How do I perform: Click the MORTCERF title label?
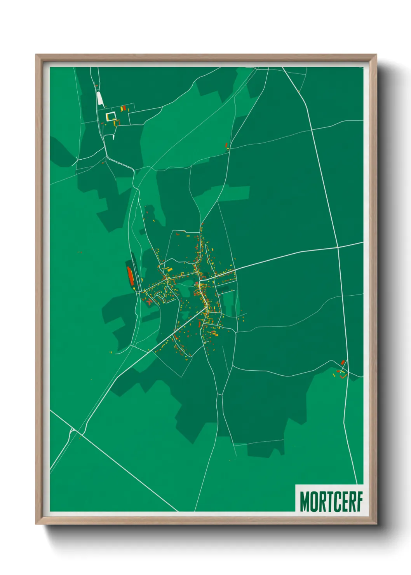(x=331, y=502)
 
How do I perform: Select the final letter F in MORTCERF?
(x=359, y=502)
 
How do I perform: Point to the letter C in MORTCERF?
(x=335, y=502)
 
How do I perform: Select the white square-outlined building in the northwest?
(x=111, y=116)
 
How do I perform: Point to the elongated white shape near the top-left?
(x=100, y=99)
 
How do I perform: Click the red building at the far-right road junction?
(x=343, y=362)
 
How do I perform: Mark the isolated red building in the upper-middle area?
(x=226, y=145)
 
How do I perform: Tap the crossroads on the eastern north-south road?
(x=338, y=247)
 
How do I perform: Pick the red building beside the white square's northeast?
(x=123, y=108)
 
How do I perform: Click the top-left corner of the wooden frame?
(x=37, y=56)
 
